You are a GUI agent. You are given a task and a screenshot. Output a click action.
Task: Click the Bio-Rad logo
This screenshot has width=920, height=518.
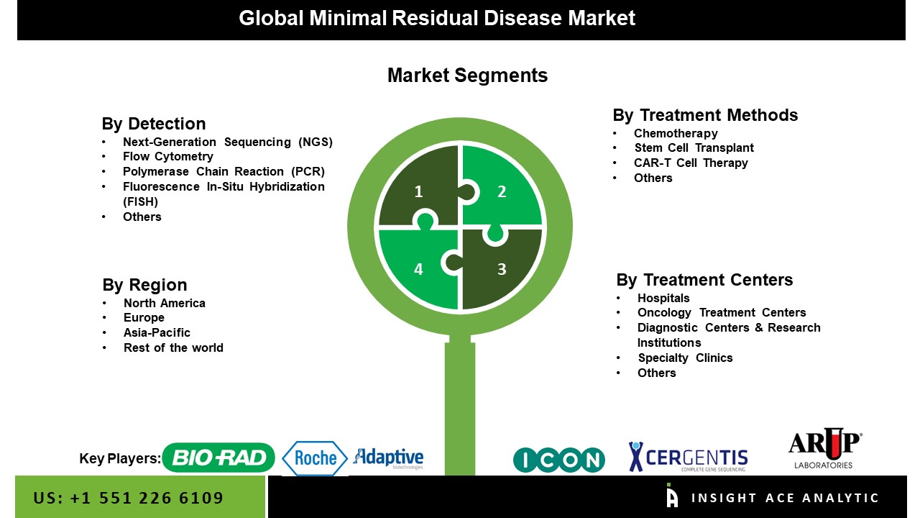click(218, 458)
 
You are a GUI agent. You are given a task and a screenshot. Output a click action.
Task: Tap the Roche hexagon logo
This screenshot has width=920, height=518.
click(315, 458)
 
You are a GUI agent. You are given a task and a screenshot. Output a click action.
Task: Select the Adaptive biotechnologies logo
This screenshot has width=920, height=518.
click(388, 458)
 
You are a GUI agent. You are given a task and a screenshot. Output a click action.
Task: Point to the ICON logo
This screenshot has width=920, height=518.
click(559, 460)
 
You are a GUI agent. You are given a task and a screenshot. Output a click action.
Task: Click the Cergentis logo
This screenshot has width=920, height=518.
click(688, 457)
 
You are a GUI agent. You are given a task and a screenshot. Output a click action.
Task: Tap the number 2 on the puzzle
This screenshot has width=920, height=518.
click(502, 191)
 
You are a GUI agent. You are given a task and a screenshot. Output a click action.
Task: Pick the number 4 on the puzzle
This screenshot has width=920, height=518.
click(418, 269)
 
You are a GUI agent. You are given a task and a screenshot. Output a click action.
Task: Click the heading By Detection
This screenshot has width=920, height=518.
click(154, 124)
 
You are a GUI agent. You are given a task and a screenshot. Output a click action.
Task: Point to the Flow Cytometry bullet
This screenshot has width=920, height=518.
click(168, 157)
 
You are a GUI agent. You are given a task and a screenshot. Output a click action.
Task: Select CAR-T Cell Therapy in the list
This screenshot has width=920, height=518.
click(691, 163)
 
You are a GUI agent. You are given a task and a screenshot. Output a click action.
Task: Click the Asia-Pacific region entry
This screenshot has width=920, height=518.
click(157, 332)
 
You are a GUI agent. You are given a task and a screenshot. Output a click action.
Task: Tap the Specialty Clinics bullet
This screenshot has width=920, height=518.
click(685, 358)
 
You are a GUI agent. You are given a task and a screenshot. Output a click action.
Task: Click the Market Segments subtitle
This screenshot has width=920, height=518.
click(467, 76)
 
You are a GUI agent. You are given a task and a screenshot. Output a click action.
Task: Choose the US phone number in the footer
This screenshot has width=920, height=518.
click(128, 498)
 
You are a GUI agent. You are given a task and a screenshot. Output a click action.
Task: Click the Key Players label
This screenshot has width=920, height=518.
click(120, 458)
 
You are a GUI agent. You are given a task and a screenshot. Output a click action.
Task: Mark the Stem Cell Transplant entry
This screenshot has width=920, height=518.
click(694, 148)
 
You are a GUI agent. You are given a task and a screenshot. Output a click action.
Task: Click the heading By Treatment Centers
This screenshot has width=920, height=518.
click(704, 280)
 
